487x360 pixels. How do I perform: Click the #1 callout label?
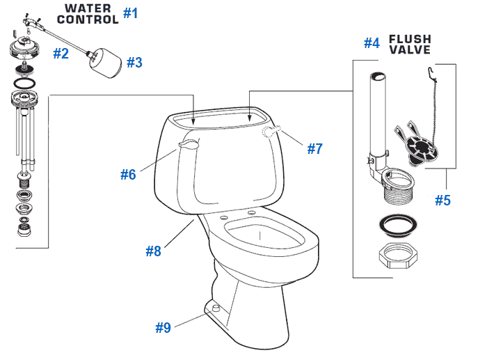coord(131,13)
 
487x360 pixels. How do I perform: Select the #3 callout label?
coord(134,62)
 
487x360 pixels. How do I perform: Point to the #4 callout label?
coord(372,43)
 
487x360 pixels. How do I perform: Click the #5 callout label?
coord(442,201)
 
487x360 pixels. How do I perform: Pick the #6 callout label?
coord(127,175)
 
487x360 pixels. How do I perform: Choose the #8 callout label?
coord(153,251)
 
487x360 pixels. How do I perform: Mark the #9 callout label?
coord(163,327)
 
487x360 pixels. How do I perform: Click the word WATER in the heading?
coord(88,8)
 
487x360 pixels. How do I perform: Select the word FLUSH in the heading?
coord(410,39)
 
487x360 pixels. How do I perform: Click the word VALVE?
coord(410,50)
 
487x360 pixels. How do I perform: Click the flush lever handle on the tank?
coord(188,143)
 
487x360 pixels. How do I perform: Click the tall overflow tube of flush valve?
coord(376,111)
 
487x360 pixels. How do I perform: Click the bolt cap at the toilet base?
coord(214,306)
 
